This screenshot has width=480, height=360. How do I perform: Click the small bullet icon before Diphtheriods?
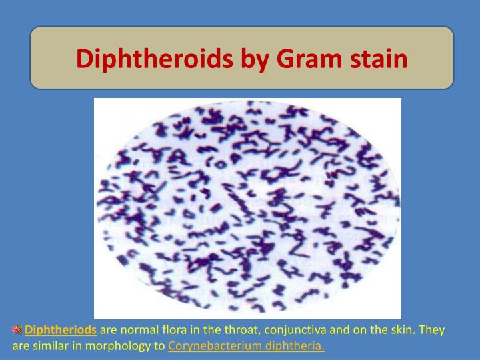pyautogui.click(x=17, y=329)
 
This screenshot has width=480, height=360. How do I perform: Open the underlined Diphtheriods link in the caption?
pyautogui.click(x=61, y=330)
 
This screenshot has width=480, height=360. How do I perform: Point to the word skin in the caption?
pyautogui.click(x=407, y=330)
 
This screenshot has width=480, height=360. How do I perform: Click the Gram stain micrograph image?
pyautogui.click(x=247, y=208)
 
